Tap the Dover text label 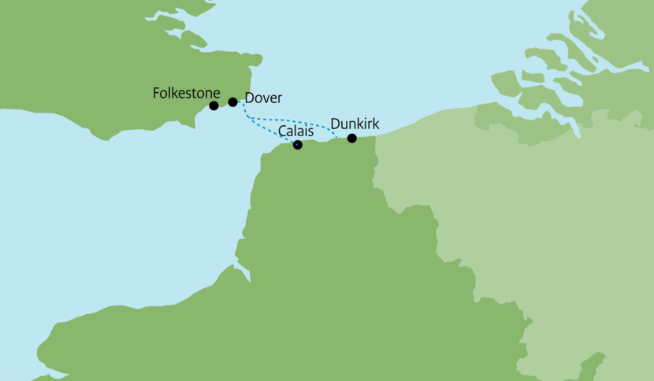tap(263, 98)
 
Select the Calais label tap(295, 131)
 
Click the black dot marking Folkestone tap(214, 105)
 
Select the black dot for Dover tap(232, 102)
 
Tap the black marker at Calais tap(297, 145)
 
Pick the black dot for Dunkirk tap(352, 139)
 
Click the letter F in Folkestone tap(156, 94)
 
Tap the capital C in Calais tap(282, 131)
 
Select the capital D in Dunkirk tap(335, 124)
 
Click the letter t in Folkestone tap(191, 94)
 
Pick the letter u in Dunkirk tap(345, 124)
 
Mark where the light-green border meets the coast tap(374, 136)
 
